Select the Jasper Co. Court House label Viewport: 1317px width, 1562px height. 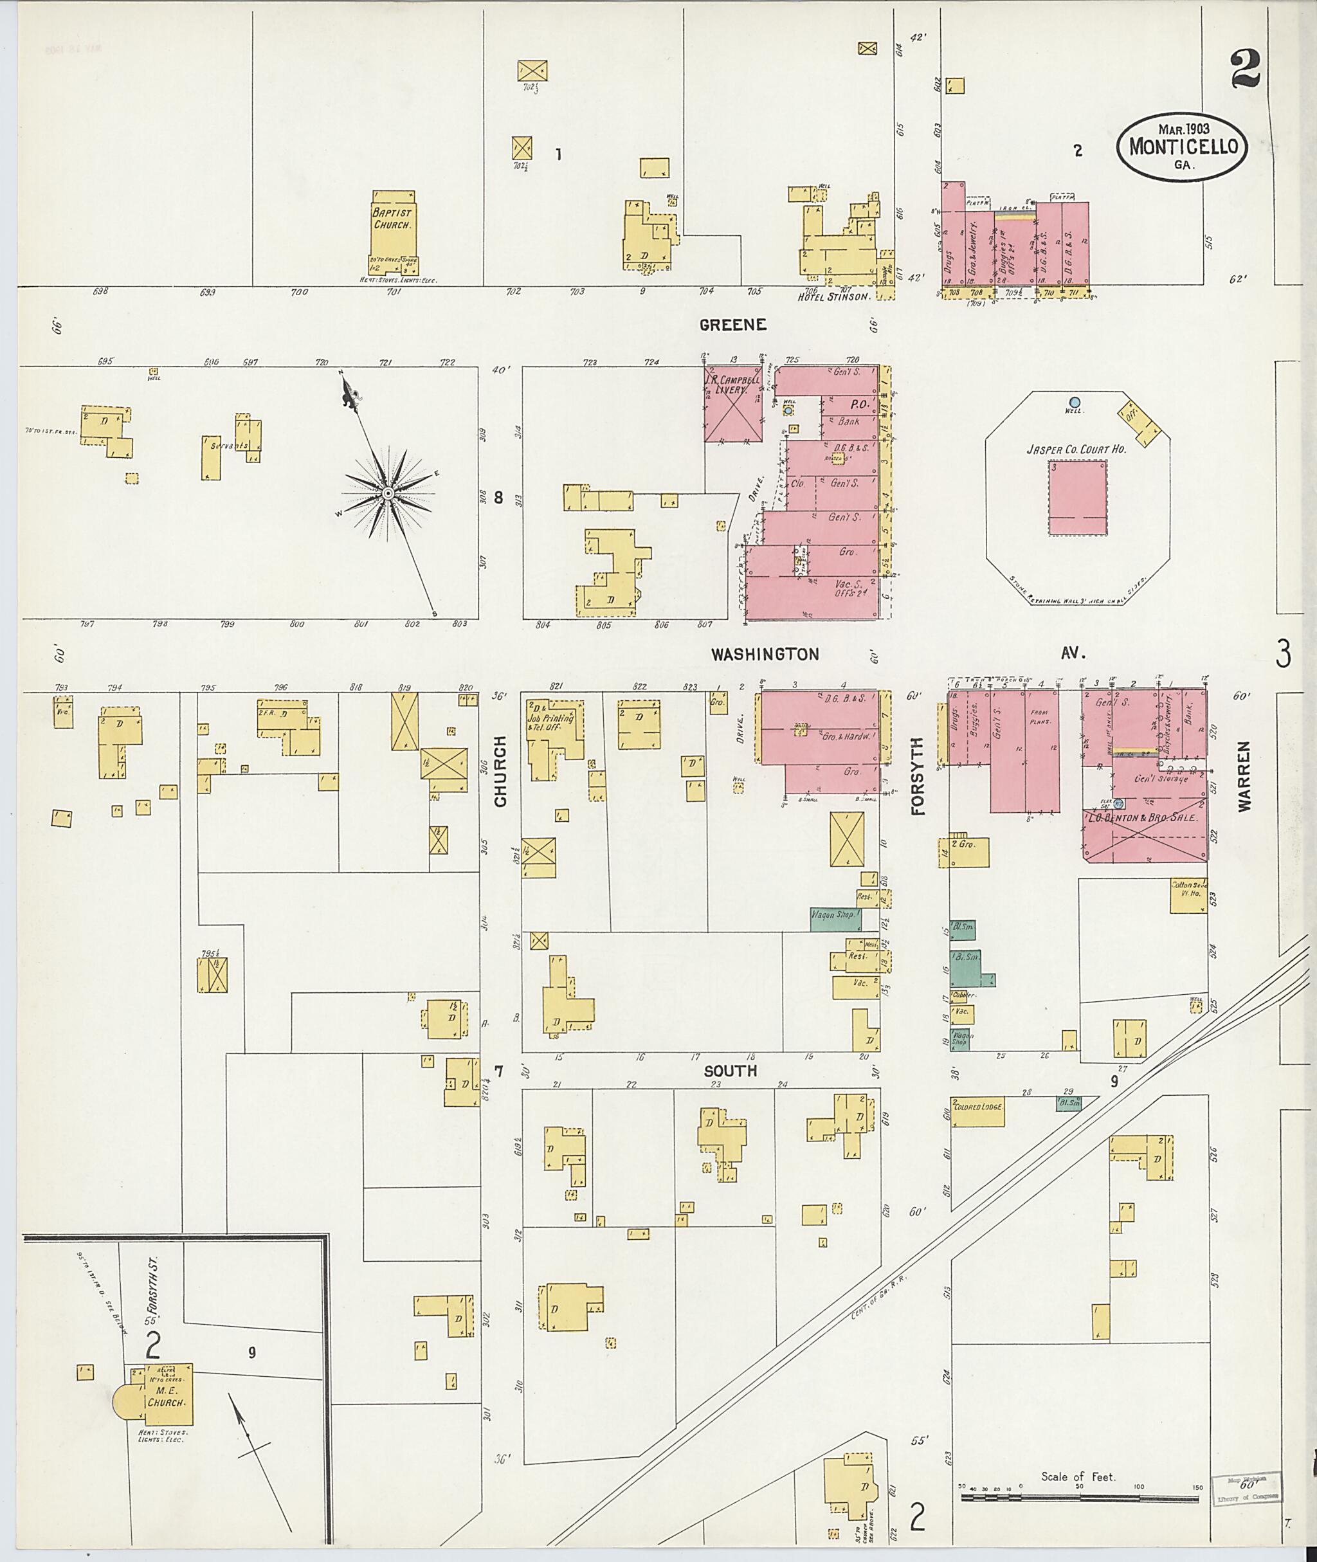1076,449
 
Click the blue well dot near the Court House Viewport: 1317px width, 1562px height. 1075,403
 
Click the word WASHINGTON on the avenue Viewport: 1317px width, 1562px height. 765,654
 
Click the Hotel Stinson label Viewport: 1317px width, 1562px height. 834,296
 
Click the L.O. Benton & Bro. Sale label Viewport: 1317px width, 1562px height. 1145,817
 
